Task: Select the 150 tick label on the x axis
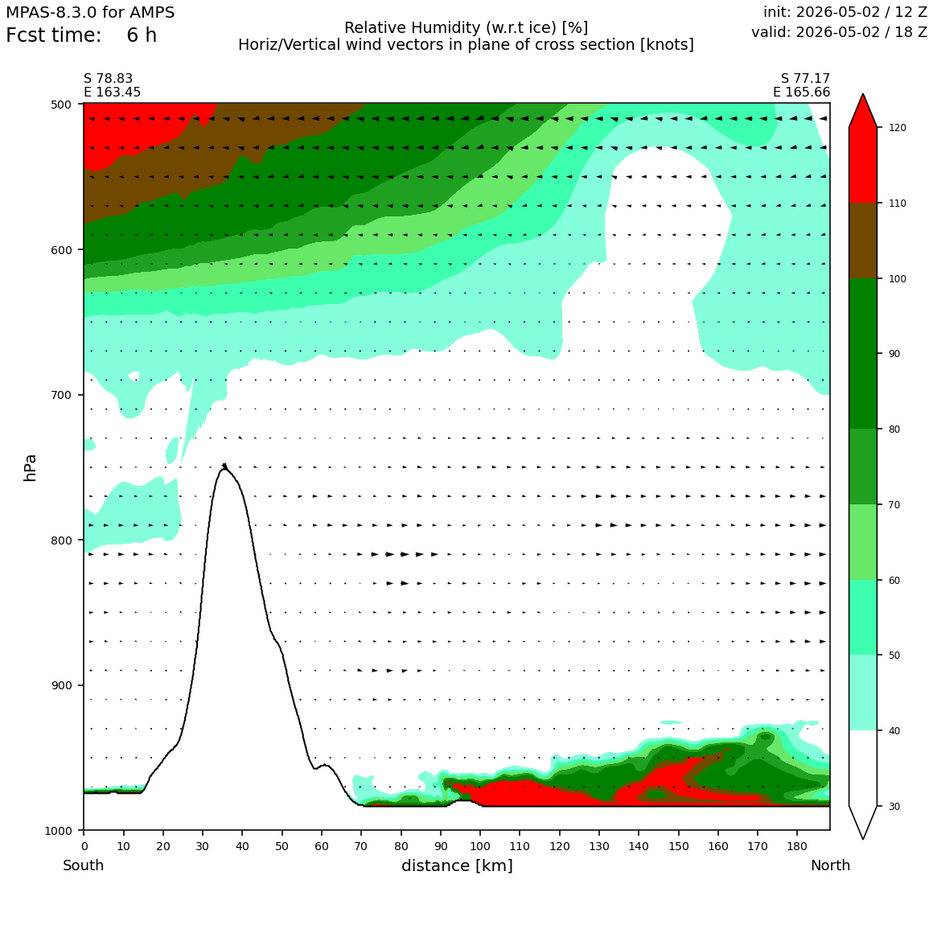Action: tap(678, 846)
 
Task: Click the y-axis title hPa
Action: tap(31, 467)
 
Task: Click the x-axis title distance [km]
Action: tap(457, 865)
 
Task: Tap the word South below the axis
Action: tap(84, 865)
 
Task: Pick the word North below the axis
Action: tap(830, 865)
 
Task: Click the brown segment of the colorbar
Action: tap(863, 240)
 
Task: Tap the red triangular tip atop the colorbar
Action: tap(863, 94)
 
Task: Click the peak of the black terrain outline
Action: tap(224, 465)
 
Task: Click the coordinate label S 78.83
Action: tap(109, 79)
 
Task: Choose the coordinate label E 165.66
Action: tap(802, 92)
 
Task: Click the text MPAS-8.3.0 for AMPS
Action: tap(90, 13)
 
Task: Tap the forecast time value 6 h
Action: tap(142, 35)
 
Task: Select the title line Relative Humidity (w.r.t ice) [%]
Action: tap(466, 28)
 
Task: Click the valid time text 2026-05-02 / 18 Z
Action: tap(861, 32)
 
